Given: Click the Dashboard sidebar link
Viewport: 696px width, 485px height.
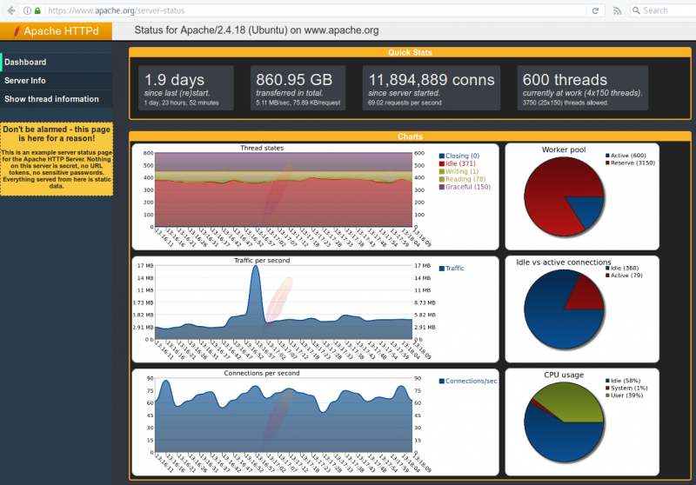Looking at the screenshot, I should [x=26, y=63].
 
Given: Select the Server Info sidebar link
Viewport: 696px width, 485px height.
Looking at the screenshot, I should [x=25, y=81].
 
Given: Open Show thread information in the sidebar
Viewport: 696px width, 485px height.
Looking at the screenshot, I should [x=51, y=99].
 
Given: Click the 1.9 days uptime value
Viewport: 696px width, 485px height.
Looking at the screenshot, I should [x=174, y=80].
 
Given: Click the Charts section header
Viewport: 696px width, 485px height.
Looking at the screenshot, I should [x=410, y=136].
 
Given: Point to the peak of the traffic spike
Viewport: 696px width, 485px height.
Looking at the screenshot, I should [x=255, y=268].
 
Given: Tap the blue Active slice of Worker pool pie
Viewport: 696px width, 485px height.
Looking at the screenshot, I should [x=589, y=209].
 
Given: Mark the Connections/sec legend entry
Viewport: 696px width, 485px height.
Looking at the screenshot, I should [x=470, y=382].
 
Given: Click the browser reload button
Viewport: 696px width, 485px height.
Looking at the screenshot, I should [x=595, y=10].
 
